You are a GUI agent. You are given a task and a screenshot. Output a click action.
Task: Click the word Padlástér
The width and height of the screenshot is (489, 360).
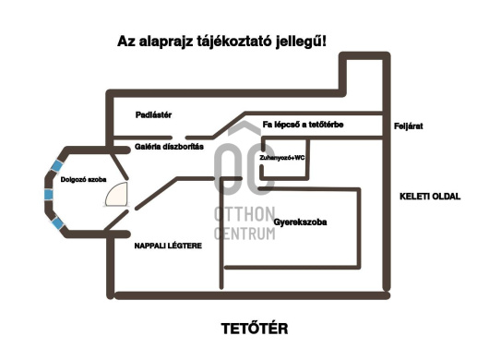[x=154, y=114]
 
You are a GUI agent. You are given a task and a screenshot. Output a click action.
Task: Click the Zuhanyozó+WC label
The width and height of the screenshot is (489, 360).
[x=282, y=158]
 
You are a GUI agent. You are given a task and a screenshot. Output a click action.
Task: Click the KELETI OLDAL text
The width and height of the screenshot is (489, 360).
[x=429, y=196]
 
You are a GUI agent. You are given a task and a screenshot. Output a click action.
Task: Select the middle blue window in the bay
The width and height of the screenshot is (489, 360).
[x=47, y=194]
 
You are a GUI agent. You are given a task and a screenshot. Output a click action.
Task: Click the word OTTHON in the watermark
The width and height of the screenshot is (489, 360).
[x=244, y=214]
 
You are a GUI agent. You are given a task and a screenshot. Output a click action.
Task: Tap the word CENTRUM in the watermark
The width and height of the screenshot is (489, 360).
[x=244, y=233]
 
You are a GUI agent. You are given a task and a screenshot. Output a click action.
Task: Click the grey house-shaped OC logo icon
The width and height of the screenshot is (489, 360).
[x=244, y=166]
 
